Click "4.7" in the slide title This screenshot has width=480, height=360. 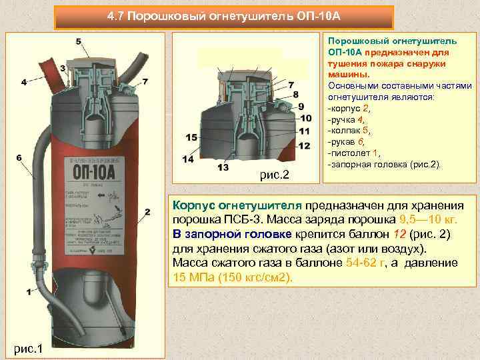(117, 15)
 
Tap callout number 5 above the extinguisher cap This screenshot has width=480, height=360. (79, 42)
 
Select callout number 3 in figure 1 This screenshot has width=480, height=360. (62, 68)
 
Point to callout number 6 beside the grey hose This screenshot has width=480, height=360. (24, 83)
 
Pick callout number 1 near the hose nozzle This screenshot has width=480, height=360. (29, 292)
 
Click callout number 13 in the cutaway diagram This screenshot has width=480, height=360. (223, 166)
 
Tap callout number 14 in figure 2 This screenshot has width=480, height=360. (187, 159)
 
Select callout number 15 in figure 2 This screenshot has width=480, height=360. (191, 137)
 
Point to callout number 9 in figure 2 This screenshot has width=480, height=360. (301, 106)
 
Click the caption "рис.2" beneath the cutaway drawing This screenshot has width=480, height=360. (274, 175)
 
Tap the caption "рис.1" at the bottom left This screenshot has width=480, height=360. (26, 347)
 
